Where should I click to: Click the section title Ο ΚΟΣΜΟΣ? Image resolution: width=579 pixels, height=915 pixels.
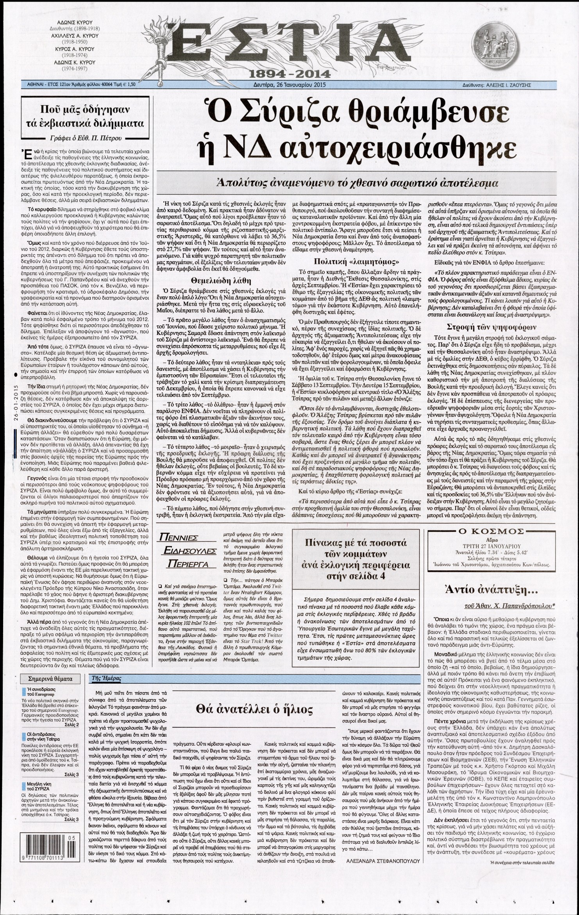coord(486,531)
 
